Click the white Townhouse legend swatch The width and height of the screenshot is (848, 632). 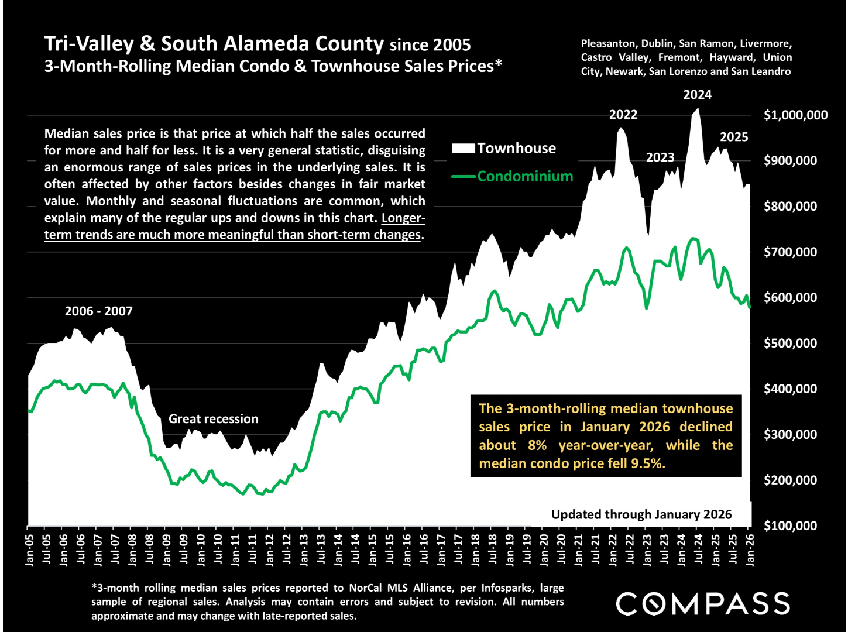tap(463, 149)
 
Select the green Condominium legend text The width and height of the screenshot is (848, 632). tap(525, 176)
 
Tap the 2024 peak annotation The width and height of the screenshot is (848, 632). tap(697, 95)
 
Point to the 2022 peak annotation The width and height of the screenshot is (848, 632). tap(623, 115)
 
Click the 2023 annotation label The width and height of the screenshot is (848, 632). tap(660, 157)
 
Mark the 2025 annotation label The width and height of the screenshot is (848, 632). tap(734, 137)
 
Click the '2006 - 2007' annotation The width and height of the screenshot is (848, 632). tap(98, 311)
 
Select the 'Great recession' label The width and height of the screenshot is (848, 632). tap(213, 419)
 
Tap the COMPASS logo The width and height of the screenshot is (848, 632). tap(703, 604)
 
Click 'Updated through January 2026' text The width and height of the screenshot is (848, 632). tap(641, 514)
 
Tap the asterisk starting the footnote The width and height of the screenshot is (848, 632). tap(94, 587)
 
